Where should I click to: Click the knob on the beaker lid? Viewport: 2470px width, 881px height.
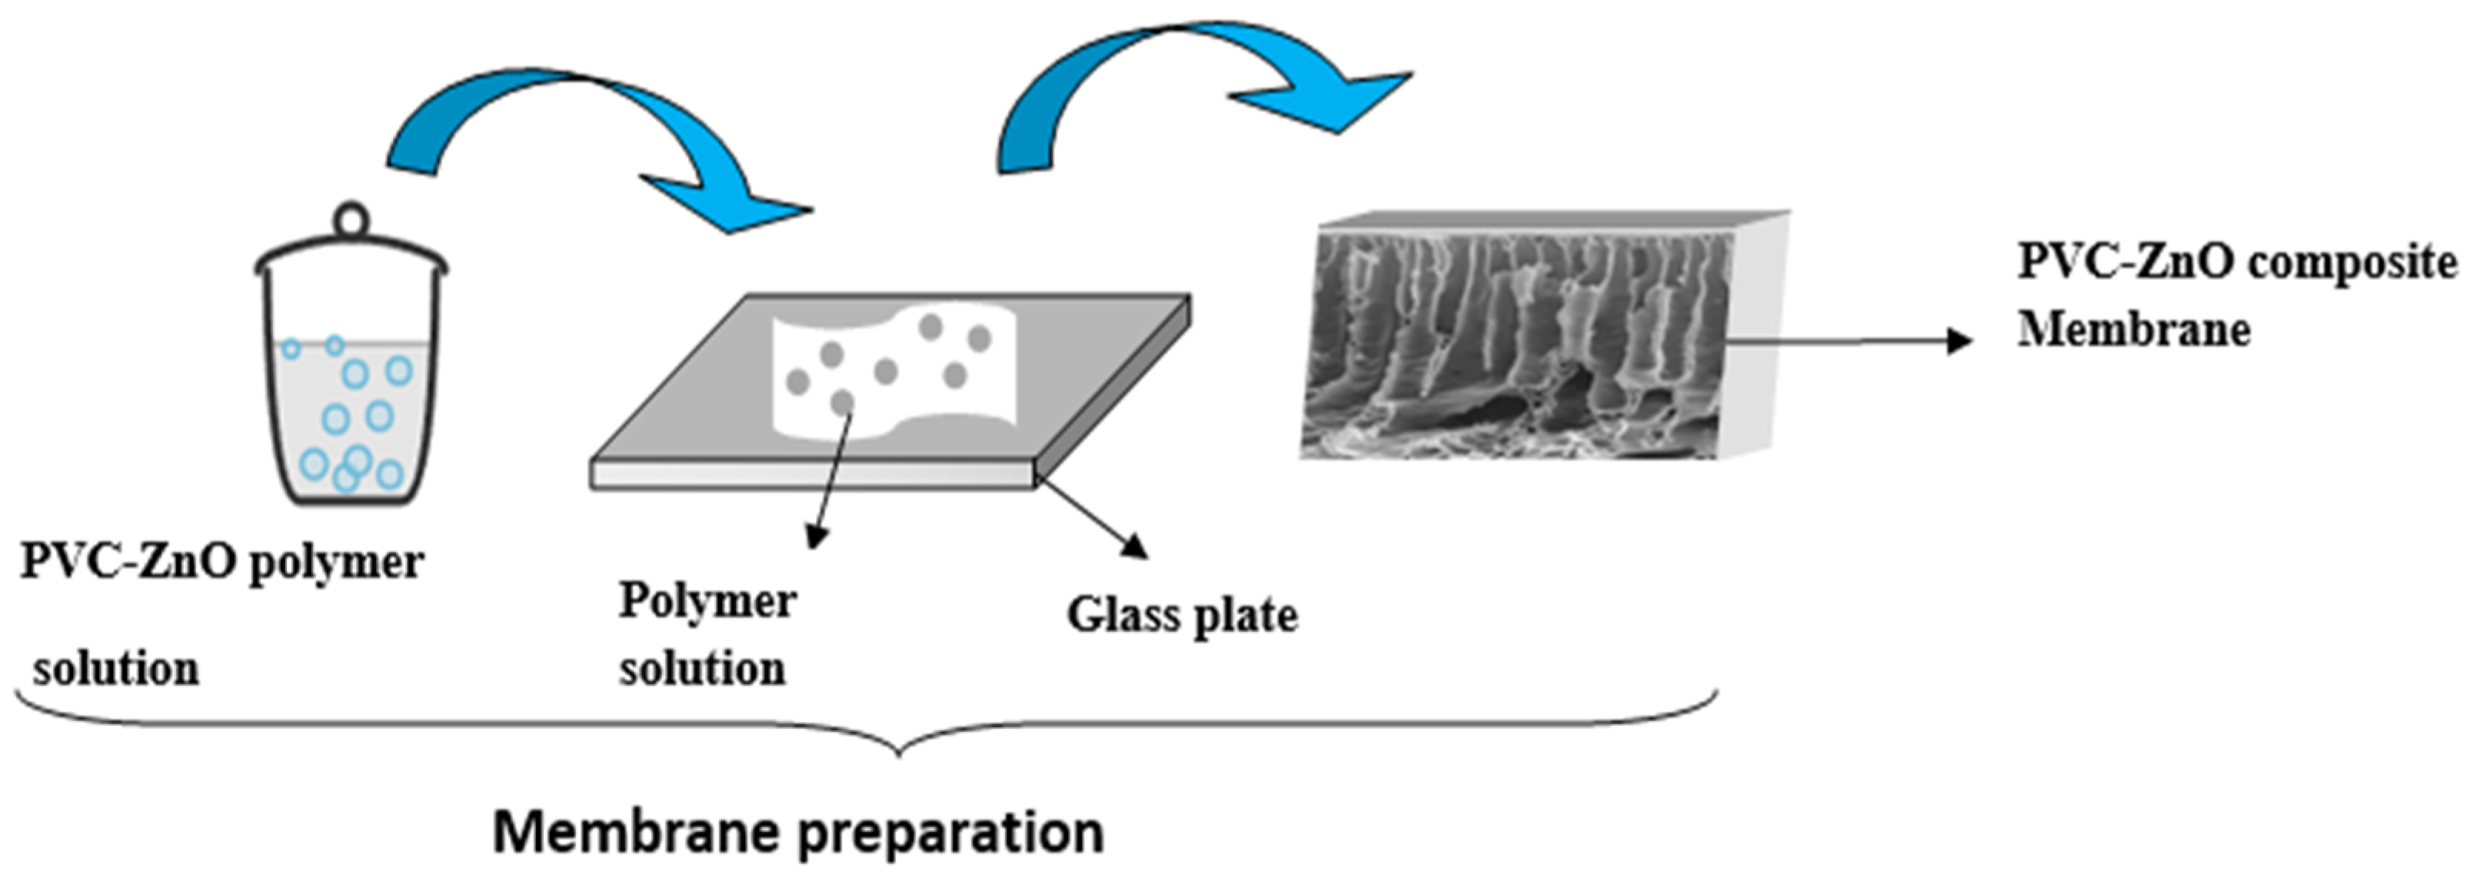351,218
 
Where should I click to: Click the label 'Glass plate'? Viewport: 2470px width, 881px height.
1182,616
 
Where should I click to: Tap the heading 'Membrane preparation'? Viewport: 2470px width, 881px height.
797,832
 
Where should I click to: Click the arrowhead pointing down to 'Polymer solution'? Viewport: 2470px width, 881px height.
815,539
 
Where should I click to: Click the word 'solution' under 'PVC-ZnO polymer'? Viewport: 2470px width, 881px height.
116,669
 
